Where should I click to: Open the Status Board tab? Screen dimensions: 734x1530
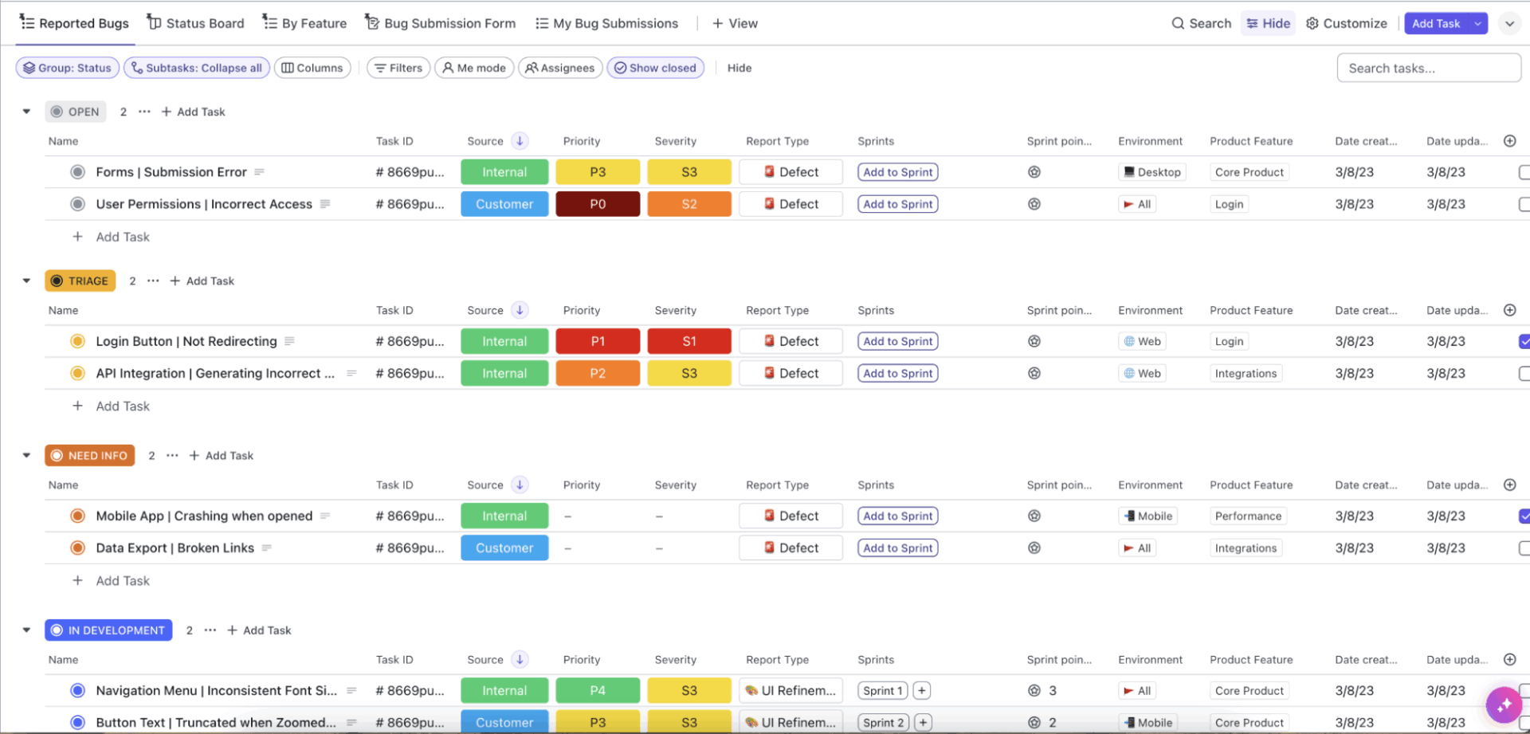[196, 23]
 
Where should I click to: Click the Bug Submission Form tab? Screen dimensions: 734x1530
[441, 23]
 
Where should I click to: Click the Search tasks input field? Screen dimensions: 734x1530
[1428, 68]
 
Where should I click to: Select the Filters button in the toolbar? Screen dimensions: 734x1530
[398, 68]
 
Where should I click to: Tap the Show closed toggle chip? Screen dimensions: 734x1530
[655, 68]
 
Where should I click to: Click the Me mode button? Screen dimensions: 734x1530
[474, 68]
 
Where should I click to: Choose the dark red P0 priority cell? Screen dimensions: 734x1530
[598, 204]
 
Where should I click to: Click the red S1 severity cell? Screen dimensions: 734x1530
[689, 341]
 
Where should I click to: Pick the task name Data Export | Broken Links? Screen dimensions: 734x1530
[175, 548]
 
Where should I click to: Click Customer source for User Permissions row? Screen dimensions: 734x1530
[504, 204]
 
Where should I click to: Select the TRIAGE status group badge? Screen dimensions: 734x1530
[80, 281]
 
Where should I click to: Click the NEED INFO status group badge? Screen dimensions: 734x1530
[90, 455]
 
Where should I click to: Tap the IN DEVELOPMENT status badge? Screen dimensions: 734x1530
[108, 630]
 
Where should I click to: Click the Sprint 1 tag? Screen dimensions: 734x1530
[882, 691]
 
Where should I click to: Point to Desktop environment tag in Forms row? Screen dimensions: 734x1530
[1151, 172]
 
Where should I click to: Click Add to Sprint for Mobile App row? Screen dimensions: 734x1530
[897, 516]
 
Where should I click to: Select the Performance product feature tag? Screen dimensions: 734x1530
[1248, 516]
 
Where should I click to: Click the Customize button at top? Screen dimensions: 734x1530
[1347, 23]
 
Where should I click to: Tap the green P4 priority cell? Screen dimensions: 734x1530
[598, 691]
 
